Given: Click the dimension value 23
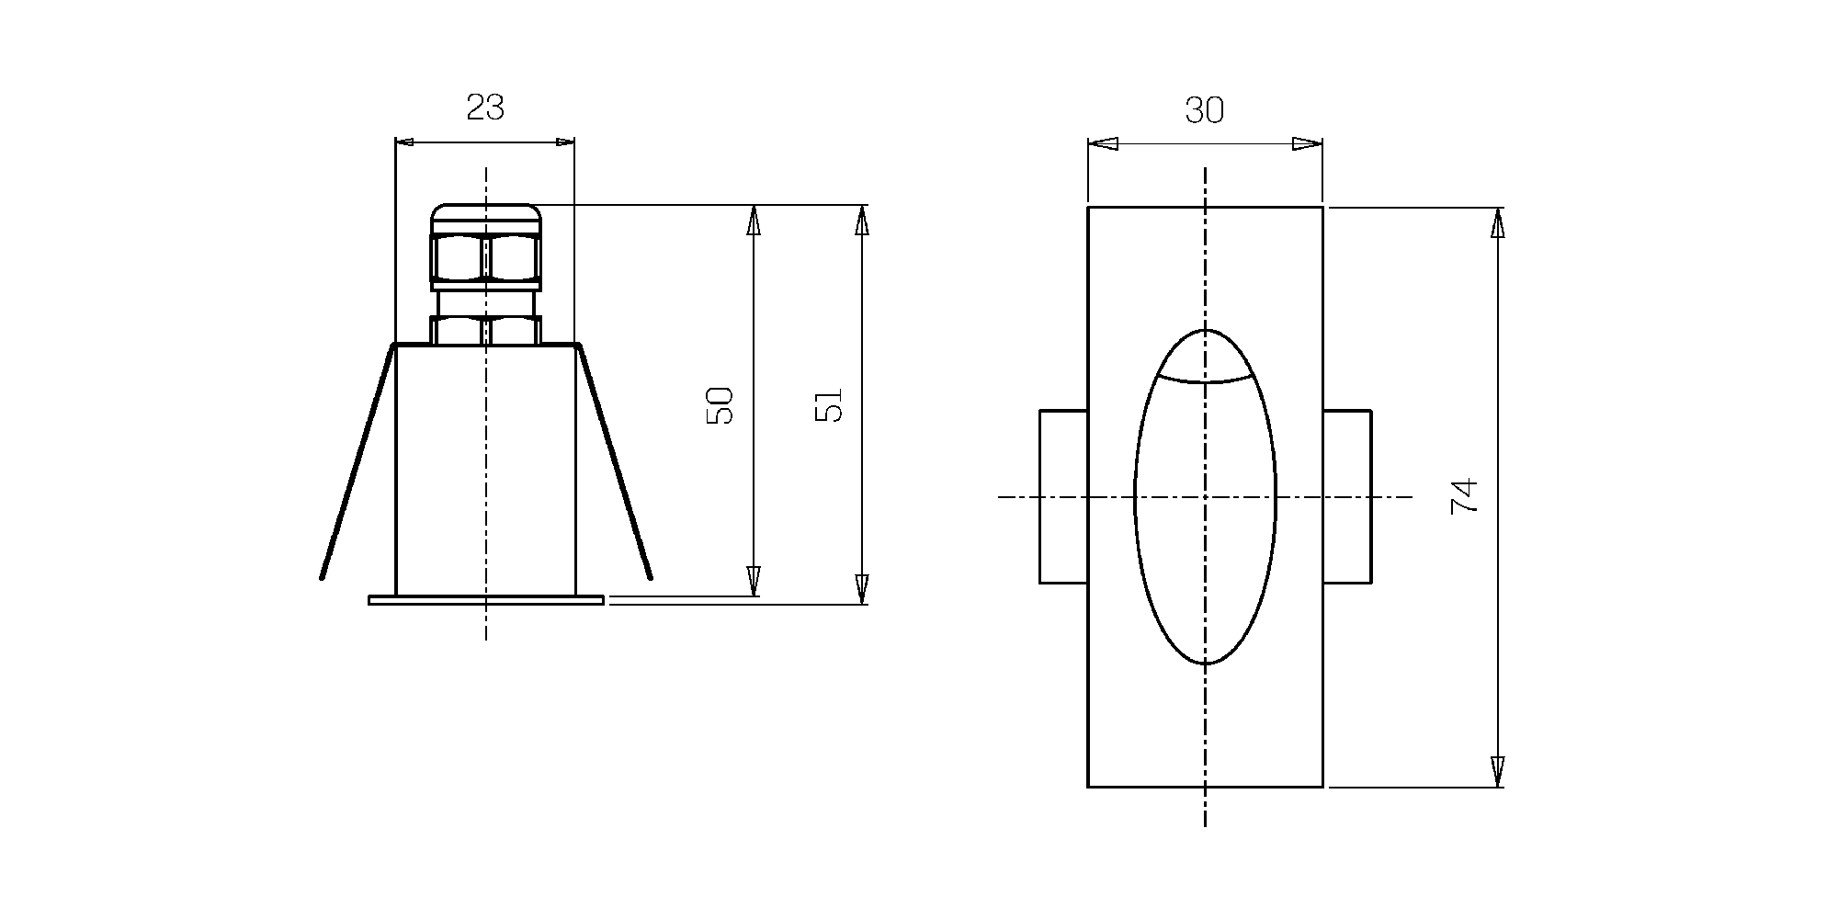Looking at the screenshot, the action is tap(485, 108).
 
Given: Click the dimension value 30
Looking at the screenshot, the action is tap(1204, 110).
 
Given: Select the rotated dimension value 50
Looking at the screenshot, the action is tap(720, 404).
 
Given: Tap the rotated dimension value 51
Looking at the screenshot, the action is tap(829, 404).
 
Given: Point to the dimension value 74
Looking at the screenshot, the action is tap(1464, 495).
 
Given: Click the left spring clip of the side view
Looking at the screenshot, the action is tap(357, 461).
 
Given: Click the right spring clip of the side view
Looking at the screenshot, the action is tap(613, 461).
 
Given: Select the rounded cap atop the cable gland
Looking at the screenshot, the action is tap(485, 219).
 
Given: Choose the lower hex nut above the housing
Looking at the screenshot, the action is tap(485, 330).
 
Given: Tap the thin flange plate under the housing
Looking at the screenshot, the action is tap(486, 600).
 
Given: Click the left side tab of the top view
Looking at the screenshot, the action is tap(1063, 496).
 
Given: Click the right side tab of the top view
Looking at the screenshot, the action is tap(1347, 496).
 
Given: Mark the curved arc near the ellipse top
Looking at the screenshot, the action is tap(1205, 377).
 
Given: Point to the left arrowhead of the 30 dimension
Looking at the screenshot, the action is tap(1103, 143).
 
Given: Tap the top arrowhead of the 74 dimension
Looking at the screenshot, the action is tap(1498, 222).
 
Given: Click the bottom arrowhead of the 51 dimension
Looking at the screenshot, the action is tap(861, 589).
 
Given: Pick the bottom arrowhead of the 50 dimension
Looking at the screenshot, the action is tap(754, 581).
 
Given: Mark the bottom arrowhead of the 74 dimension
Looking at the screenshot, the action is tap(1498, 772).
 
